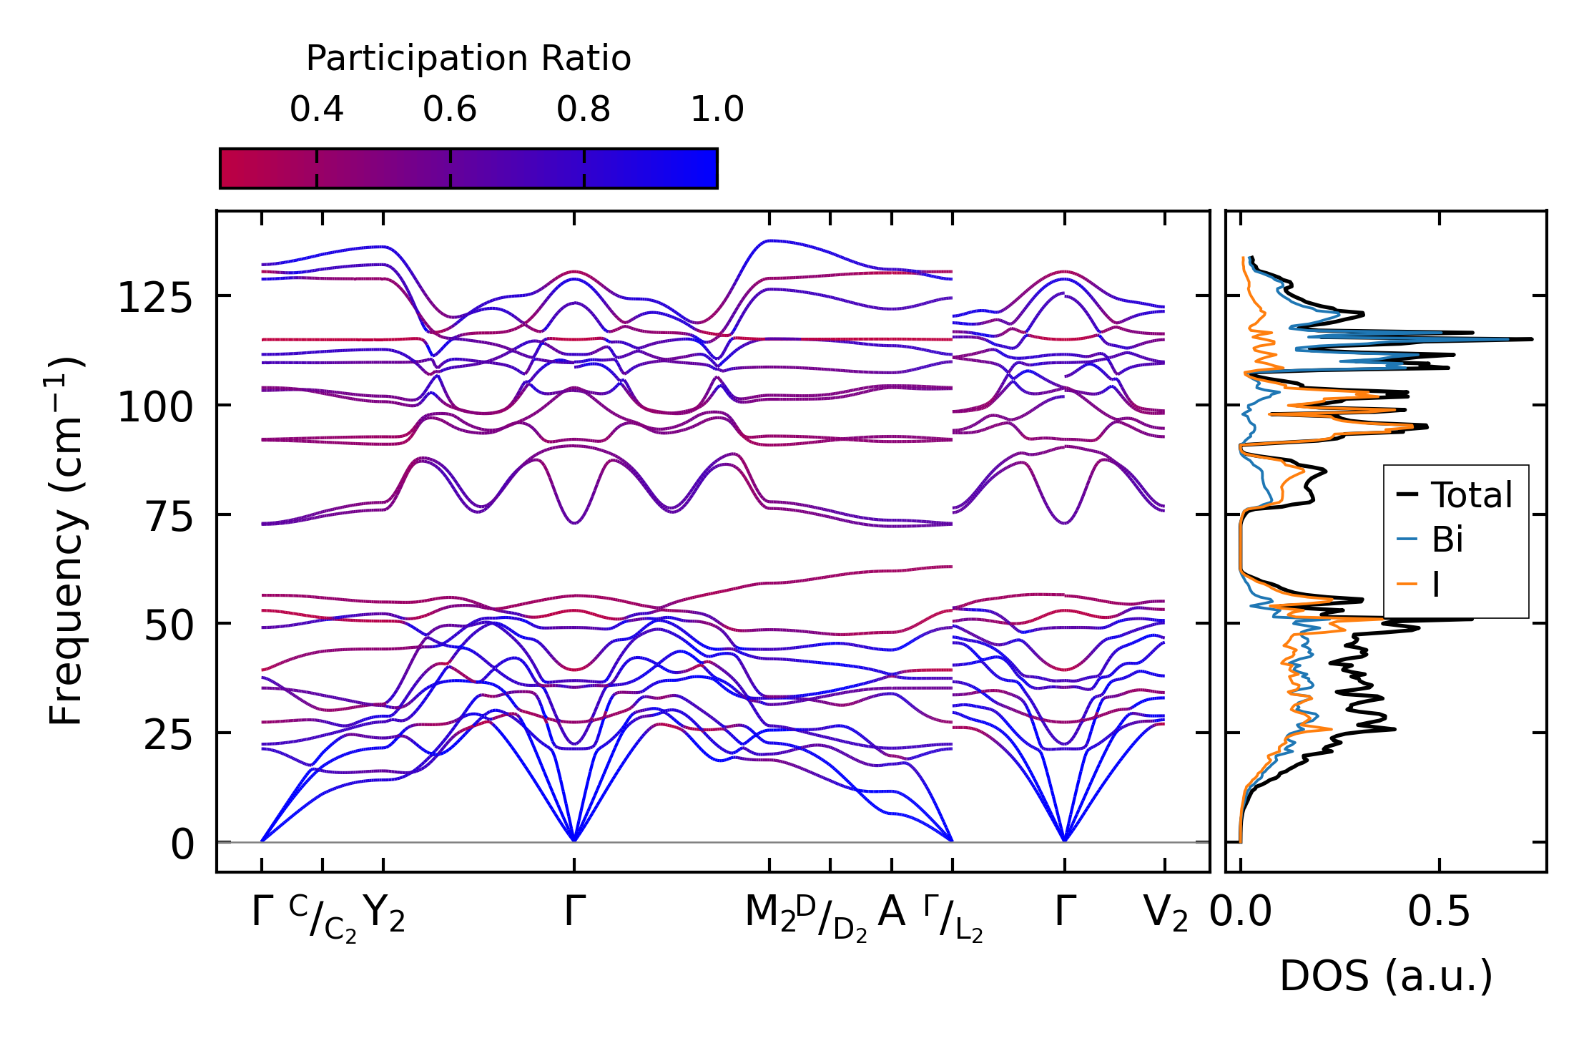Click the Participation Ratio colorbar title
468,59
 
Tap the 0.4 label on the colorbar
317,110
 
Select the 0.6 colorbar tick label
450,110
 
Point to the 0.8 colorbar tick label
584,110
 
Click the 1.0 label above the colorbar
717,110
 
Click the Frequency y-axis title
67,542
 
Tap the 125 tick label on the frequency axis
155,298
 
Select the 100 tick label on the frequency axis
155,408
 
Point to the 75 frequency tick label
169,517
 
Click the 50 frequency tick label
169,627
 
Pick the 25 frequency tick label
169,735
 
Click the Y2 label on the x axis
384,914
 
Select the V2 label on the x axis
1166,914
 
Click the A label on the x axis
892,912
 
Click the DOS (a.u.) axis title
1386,977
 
